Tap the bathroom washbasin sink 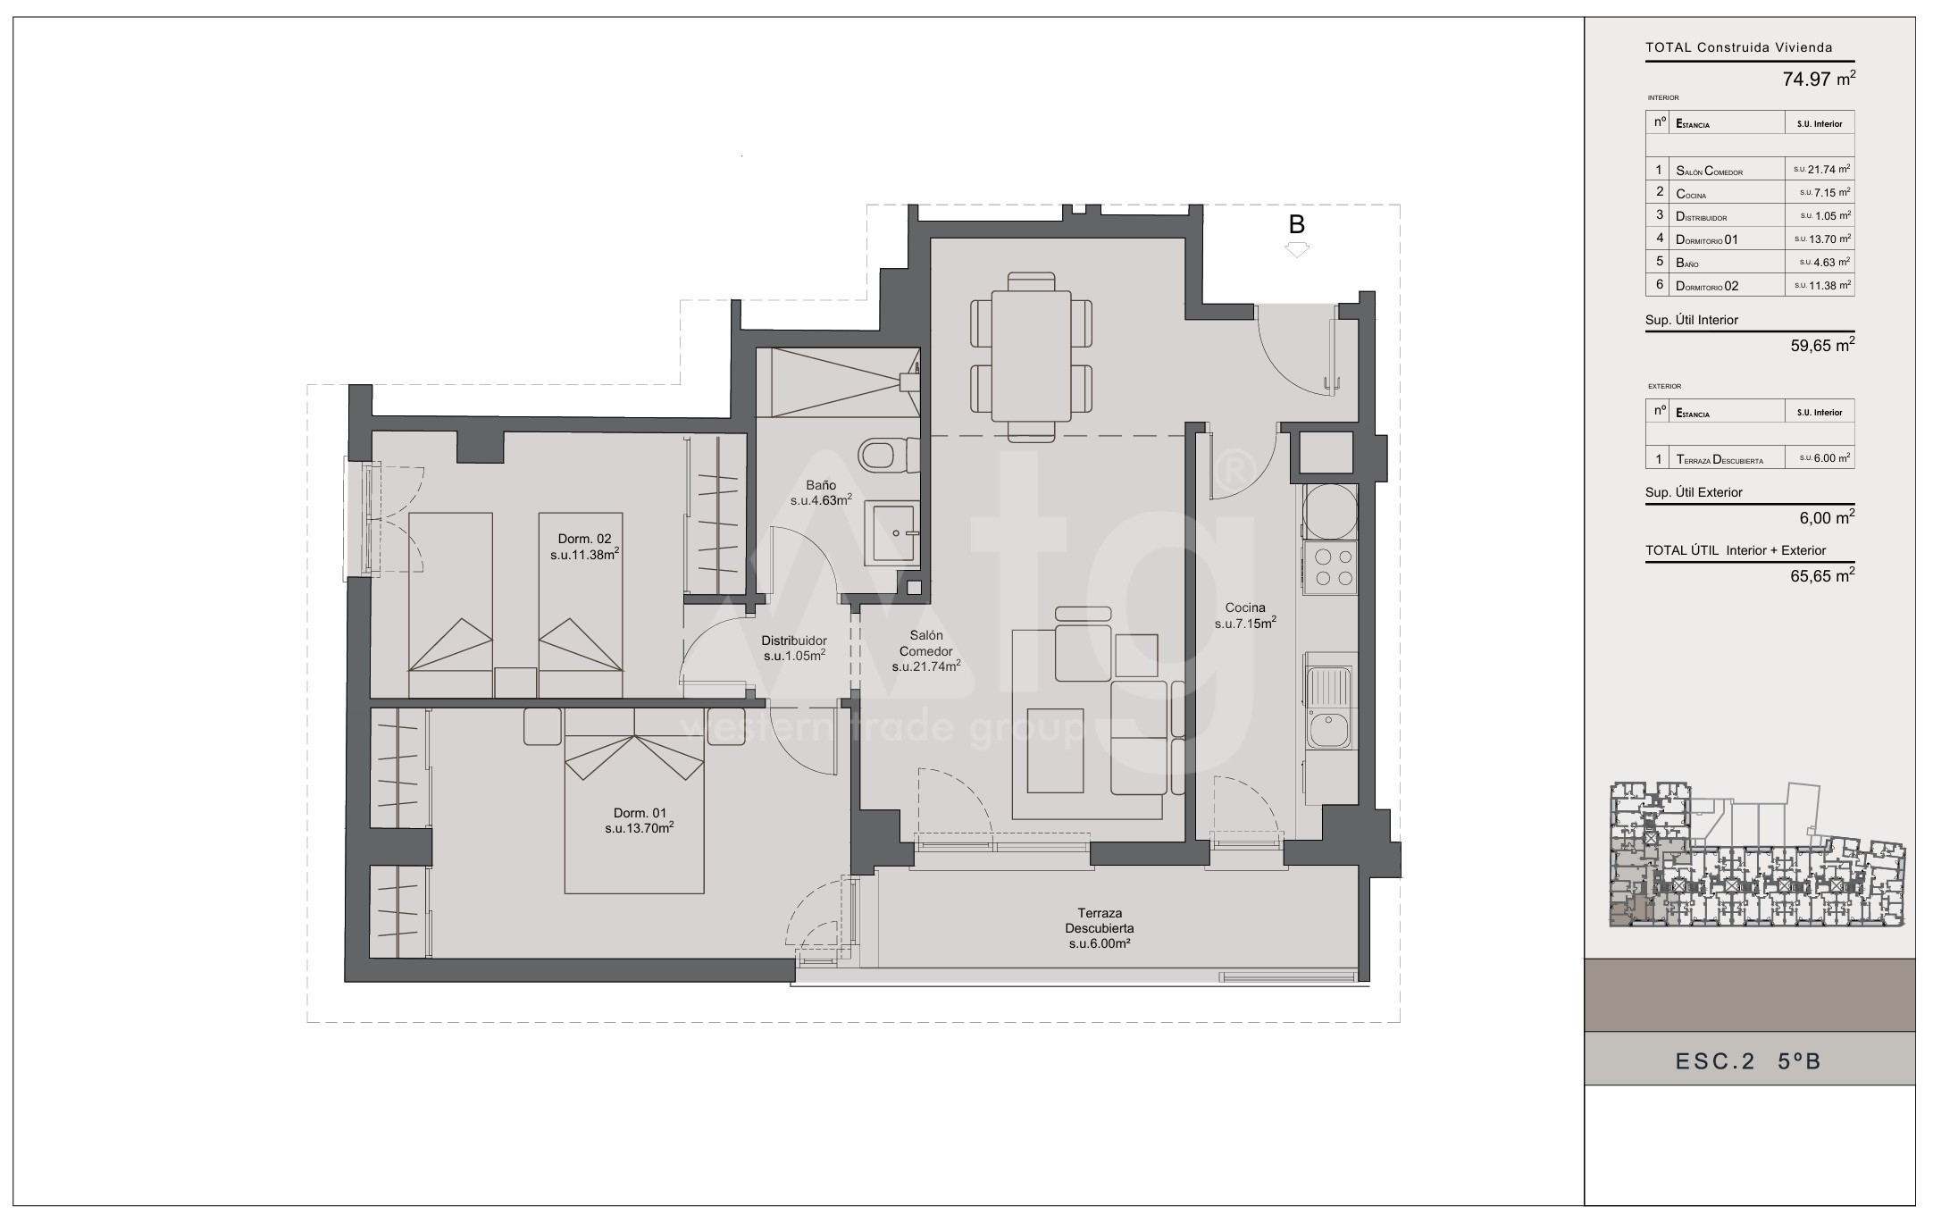point(891,532)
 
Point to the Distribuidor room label point(794,648)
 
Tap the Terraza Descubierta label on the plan point(1100,928)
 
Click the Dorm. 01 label point(639,820)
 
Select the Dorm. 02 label point(585,546)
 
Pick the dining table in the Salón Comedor point(1032,356)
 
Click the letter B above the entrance point(1297,225)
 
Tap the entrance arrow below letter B point(1297,250)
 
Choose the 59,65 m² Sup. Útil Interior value point(1822,346)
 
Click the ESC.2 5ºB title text point(1748,1061)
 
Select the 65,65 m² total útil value point(1822,576)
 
